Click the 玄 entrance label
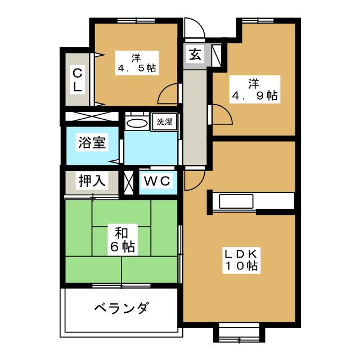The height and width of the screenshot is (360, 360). [x=195, y=56]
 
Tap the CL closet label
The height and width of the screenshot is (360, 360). [x=78, y=79]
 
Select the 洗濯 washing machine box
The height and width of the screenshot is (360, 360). [x=164, y=121]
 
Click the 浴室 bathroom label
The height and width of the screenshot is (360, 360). [x=91, y=143]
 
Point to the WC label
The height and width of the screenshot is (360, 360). [x=157, y=182]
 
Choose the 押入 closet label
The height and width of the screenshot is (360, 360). [x=91, y=181]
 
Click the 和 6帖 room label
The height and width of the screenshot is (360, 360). [x=122, y=239]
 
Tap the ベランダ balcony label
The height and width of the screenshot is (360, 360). [x=121, y=308]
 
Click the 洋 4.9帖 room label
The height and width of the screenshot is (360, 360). [x=255, y=89]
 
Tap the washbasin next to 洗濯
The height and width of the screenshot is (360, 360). [x=136, y=123]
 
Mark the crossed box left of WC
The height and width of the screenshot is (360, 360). [x=129, y=182]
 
